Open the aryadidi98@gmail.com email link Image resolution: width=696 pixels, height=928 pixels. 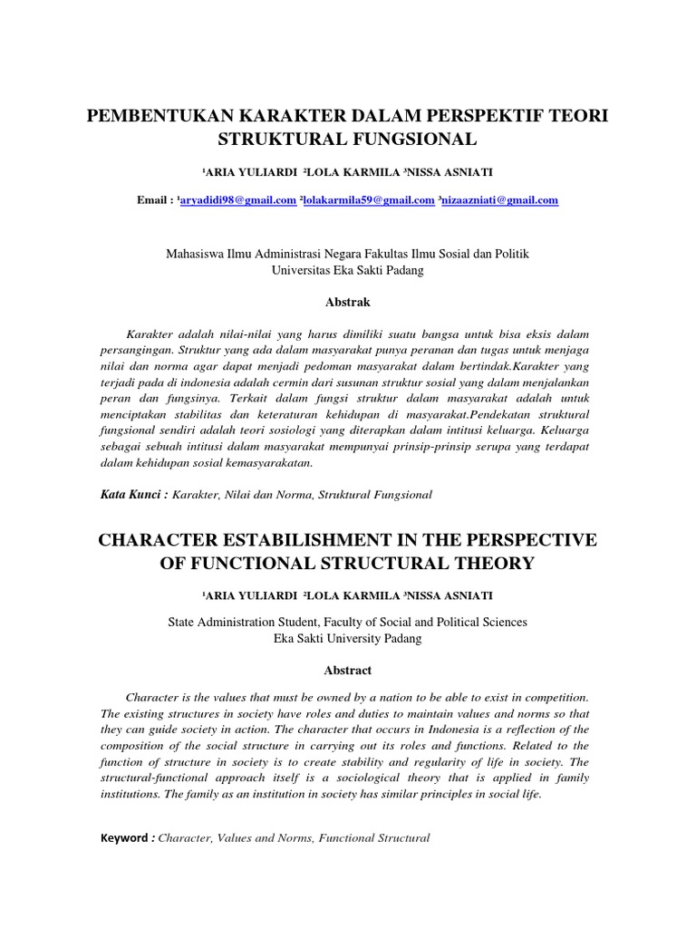[x=238, y=200]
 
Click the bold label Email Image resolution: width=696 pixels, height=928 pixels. [x=151, y=200]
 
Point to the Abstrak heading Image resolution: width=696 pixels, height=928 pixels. [x=347, y=301]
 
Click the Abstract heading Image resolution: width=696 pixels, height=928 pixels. [x=347, y=670]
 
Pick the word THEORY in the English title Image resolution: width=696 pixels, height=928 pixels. [x=486, y=564]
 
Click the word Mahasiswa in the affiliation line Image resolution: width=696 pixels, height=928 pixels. [x=194, y=254]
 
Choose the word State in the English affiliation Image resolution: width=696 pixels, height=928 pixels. [x=183, y=622]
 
